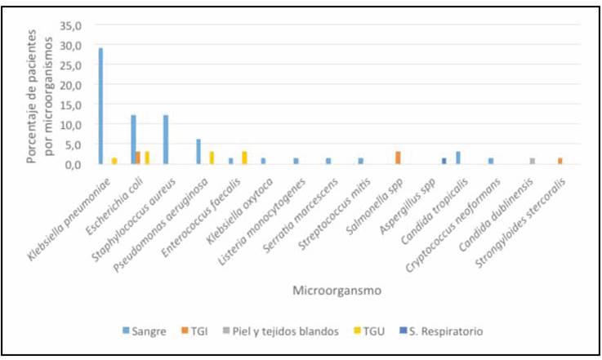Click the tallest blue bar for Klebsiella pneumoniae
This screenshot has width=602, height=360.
(100, 106)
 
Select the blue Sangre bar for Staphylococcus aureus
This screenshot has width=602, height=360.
(166, 140)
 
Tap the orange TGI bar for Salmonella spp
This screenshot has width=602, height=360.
(397, 158)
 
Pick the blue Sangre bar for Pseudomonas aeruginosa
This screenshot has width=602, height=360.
(198, 152)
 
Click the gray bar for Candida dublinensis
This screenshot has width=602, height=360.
(533, 161)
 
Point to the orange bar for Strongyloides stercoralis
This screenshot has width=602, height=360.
(560, 161)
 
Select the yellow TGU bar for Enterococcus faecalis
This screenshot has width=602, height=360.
(244, 158)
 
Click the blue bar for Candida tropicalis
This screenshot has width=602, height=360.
(458, 158)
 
